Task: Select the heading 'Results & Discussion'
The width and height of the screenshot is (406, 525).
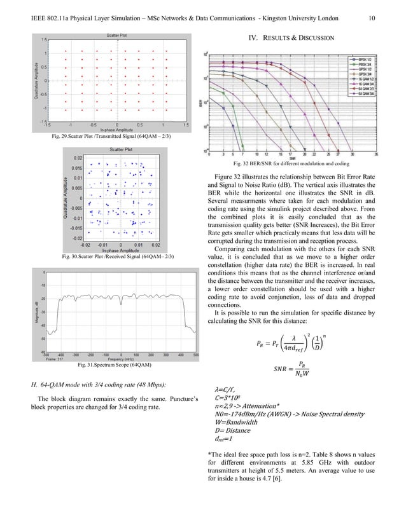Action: pos(290,39)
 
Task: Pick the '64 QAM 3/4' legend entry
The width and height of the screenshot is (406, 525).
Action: pos(367,93)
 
